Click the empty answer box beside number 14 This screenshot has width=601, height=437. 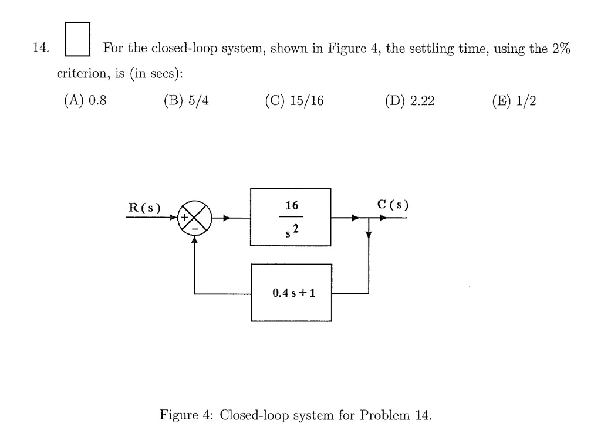77,39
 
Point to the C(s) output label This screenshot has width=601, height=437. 393,205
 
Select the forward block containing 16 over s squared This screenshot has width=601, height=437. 291,217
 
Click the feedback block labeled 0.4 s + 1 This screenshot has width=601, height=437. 291,293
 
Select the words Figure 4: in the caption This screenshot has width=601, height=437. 181,416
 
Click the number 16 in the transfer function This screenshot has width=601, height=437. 291,206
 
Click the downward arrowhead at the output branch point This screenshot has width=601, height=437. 369,235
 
